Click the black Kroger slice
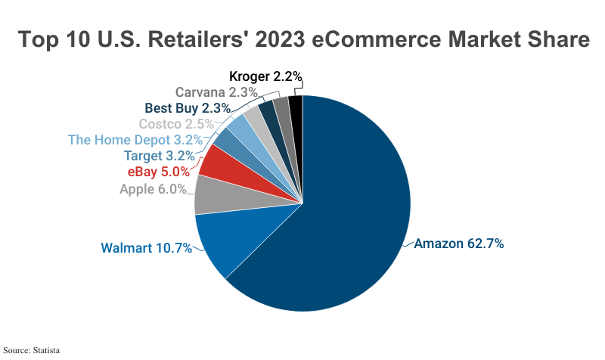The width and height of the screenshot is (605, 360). pyautogui.click(x=296, y=110)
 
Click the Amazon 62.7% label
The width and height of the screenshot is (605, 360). pyautogui.click(x=459, y=244)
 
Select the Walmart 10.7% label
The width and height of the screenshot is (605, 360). pyautogui.click(x=146, y=248)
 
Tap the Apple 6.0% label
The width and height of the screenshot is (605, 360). pyautogui.click(x=153, y=189)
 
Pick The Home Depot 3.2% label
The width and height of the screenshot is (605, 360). pyautogui.click(x=135, y=140)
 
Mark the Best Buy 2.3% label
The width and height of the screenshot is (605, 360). pyautogui.click(x=187, y=108)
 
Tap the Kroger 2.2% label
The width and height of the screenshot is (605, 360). pyautogui.click(x=265, y=76)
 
